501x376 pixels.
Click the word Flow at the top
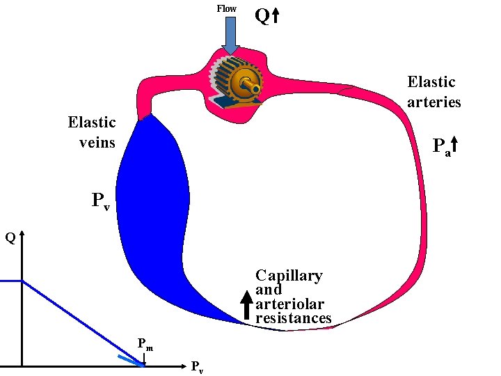pyautogui.click(x=226, y=8)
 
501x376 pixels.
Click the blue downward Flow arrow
pyautogui.click(x=230, y=35)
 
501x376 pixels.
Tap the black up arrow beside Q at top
pyautogui.click(x=276, y=16)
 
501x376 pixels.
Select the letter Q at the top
pyautogui.click(x=262, y=16)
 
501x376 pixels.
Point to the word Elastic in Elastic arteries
pyautogui.click(x=431, y=82)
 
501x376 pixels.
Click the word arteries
pyautogui.click(x=434, y=102)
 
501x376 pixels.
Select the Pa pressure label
pyautogui.click(x=440, y=147)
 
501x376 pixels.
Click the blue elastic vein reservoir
pyautogui.click(x=154, y=202)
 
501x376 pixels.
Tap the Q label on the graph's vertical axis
pyautogui.click(x=10, y=238)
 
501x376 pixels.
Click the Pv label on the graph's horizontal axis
pyautogui.click(x=197, y=366)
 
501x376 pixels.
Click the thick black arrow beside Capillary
pyautogui.click(x=246, y=306)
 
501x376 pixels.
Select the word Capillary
pyautogui.click(x=289, y=276)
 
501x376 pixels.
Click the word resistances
pyautogui.click(x=293, y=318)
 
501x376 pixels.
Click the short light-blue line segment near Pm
pyautogui.click(x=130, y=360)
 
